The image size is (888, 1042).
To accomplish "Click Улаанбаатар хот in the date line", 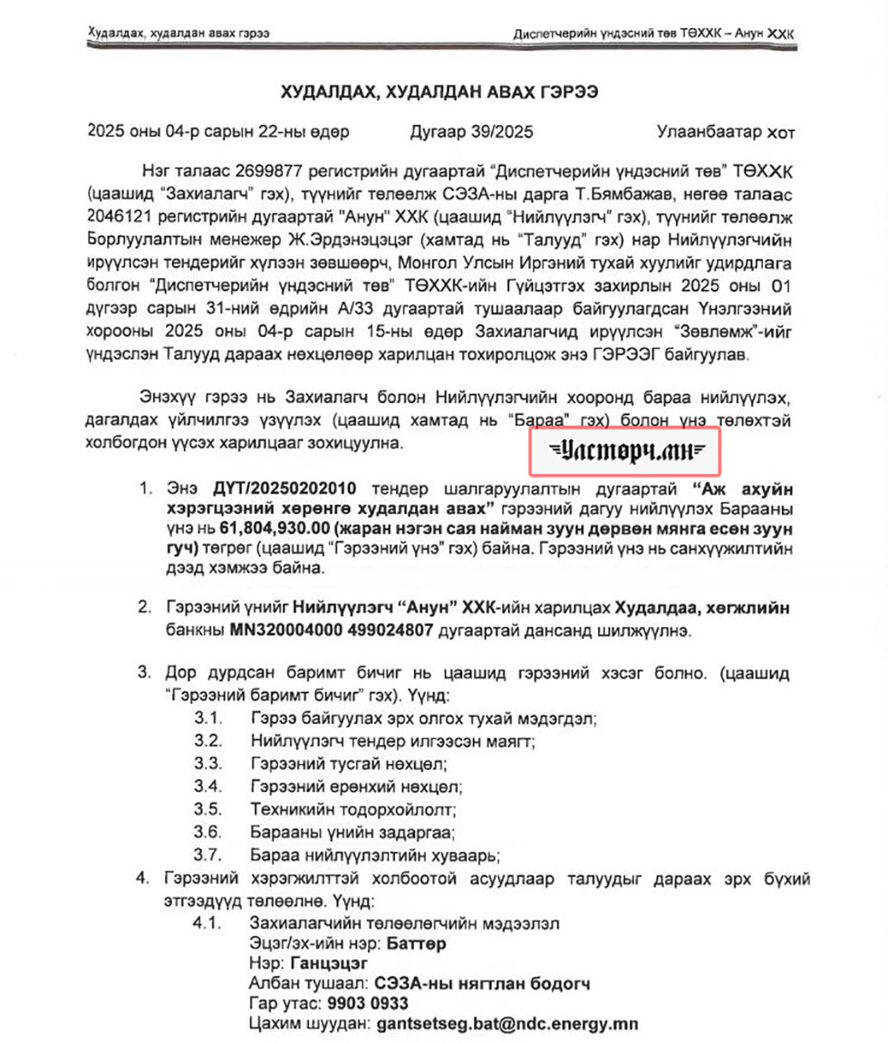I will pyautogui.click(x=726, y=132).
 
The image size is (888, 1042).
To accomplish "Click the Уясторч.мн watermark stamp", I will pyautogui.click(x=624, y=449).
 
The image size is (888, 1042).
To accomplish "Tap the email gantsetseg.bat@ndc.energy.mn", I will pyautogui.click(x=506, y=1024).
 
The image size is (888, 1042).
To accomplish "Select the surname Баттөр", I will pyautogui.click(x=416, y=944).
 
